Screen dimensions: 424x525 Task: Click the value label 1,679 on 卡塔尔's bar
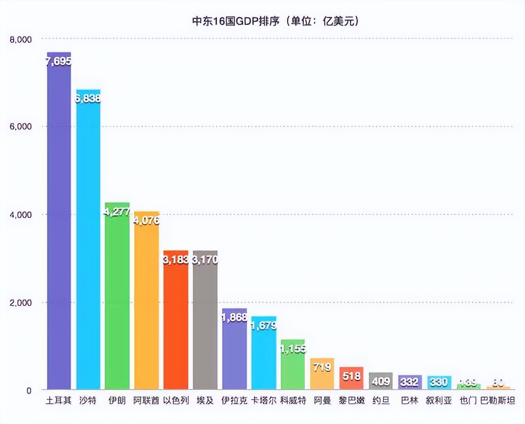pyautogui.click(x=264, y=325)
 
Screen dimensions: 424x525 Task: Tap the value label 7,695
pyautogui.click(x=59, y=62)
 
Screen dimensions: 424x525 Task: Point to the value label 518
pyautogui.click(x=352, y=376)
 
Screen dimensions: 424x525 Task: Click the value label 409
pyautogui.click(x=381, y=382)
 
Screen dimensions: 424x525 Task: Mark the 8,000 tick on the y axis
pyautogui.click(x=21, y=40)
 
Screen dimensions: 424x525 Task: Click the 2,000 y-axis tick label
pyautogui.click(x=21, y=303)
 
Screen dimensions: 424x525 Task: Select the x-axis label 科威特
pyautogui.click(x=293, y=400)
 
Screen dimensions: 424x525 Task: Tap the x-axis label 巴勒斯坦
pyautogui.click(x=498, y=400)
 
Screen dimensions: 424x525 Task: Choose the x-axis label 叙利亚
pyautogui.click(x=439, y=400)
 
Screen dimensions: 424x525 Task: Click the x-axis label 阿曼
pyautogui.click(x=322, y=400)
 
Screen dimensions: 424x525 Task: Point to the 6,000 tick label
pyautogui.click(x=21, y=127)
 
